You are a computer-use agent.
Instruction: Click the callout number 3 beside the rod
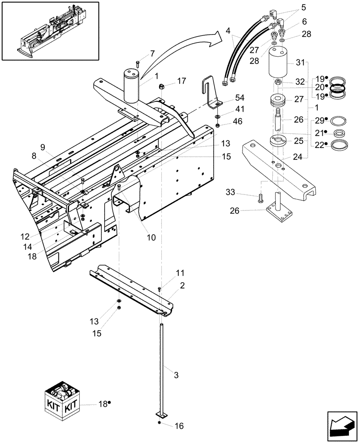point(176,375)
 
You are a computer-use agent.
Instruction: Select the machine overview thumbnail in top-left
point(50,30)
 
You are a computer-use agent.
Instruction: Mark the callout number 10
point(151,237)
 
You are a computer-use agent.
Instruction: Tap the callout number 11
point(167,273)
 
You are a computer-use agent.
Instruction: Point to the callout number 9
point(43,146)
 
